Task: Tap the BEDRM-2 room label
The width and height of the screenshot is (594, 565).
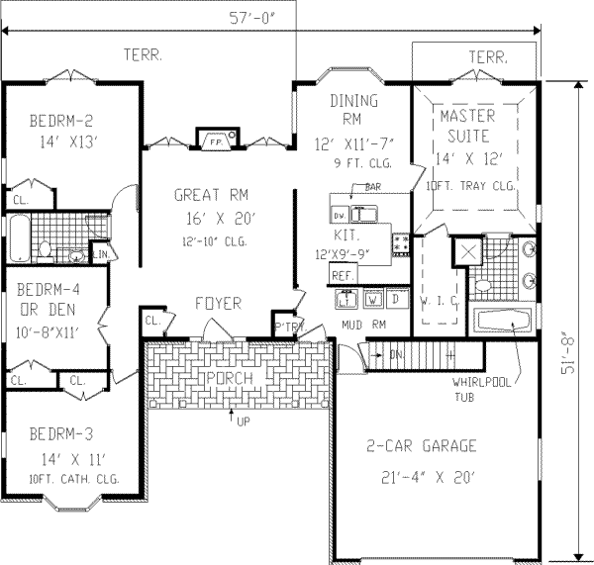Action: pyautogui.click(x=56, y=122)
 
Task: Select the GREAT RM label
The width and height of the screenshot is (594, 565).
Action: pyautogui.click(x=206, y=195)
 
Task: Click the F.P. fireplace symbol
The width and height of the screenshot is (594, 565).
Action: pyautogui.click(x=214, y=141)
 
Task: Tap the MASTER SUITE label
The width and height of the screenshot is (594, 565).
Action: pyautogui.click(x=469, y=127)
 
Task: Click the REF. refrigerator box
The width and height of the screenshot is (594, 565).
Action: pyautogui.click(x=344, y=275)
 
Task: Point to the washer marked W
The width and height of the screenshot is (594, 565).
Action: pyautogui.click(x=373, y=298)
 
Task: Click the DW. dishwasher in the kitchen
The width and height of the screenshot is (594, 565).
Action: pyautogui.click(x=339, y=214)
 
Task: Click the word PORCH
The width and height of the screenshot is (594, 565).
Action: pyautogui.click(x=228, y=379)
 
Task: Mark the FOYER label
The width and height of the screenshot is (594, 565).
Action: pyautogui.click(x=217, y=304)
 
